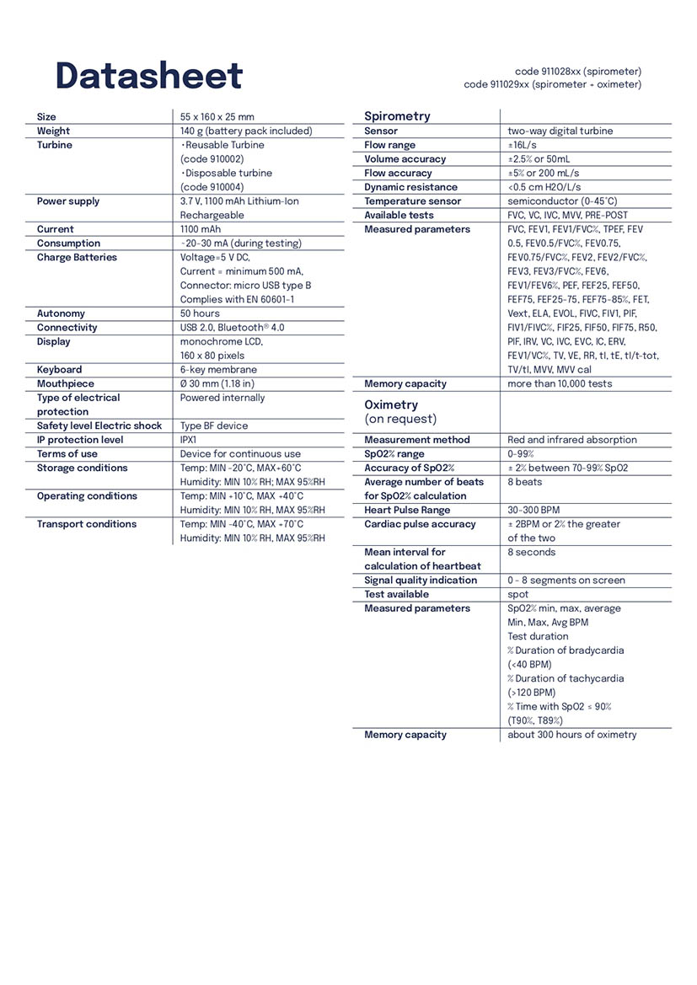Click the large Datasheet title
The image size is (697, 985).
coord(148,77)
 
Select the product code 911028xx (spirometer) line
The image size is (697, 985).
coord(577,72)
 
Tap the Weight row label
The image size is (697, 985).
coord(53,131)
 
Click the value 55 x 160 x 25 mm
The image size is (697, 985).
coord(217,117)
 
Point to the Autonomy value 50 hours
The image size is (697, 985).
coord(200,313)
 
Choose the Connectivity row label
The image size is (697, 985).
coord(67,328)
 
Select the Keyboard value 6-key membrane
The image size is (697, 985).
coord(218,370)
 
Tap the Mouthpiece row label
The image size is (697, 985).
coord(65,383)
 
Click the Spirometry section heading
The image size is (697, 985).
coord(397,116)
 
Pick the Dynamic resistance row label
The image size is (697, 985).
coord(410,187)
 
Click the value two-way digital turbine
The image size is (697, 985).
coord(560,131)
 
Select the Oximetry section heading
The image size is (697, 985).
coord(391,404)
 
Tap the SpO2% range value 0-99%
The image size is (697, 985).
coord(521,454)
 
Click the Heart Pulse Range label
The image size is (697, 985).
coord(407,510)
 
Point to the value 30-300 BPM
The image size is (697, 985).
coord(538,510)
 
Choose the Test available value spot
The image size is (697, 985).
coord(517,594)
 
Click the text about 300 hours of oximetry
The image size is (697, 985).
coord(571,735)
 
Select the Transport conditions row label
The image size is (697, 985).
coord(86,524)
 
